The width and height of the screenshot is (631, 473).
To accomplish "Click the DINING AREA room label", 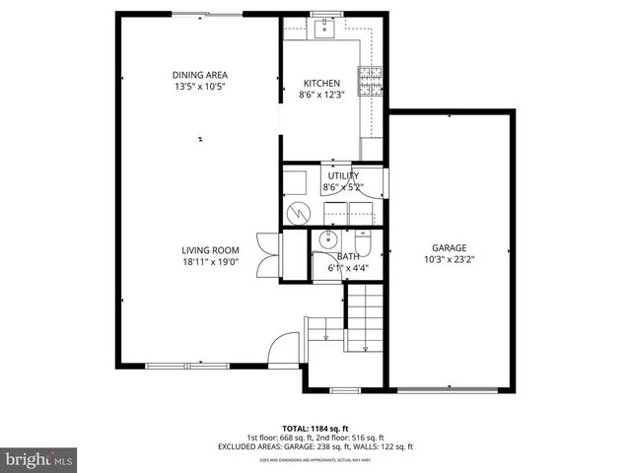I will click(x=200, y=75).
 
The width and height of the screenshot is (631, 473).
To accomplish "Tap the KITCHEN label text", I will click(x=321, y=84).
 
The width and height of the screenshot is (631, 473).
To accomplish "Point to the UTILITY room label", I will click(x=343, y=175).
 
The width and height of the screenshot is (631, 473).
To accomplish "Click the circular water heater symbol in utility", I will click(x=296, y=210).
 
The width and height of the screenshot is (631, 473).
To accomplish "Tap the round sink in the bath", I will click(x=326, y=241).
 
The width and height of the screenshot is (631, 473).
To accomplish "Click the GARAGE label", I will click(x=449, y=248).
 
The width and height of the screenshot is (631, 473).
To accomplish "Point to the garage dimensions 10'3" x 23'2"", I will click(x=449, y=260).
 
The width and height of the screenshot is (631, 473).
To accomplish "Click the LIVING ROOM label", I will click(x=210, y=250).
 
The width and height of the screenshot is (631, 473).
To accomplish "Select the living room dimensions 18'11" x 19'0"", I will click(x=210, y=262).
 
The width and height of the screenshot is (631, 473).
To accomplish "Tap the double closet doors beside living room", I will click(x=261, y=254).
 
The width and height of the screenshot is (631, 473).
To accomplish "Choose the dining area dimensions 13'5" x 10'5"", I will click(x=200, y=87).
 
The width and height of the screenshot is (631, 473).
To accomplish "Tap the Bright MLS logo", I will click(x=38, y=458).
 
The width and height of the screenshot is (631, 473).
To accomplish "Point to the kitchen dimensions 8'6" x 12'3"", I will click(x=321, y=96).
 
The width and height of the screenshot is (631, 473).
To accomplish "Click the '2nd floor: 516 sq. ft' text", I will click(x=352, y=438).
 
